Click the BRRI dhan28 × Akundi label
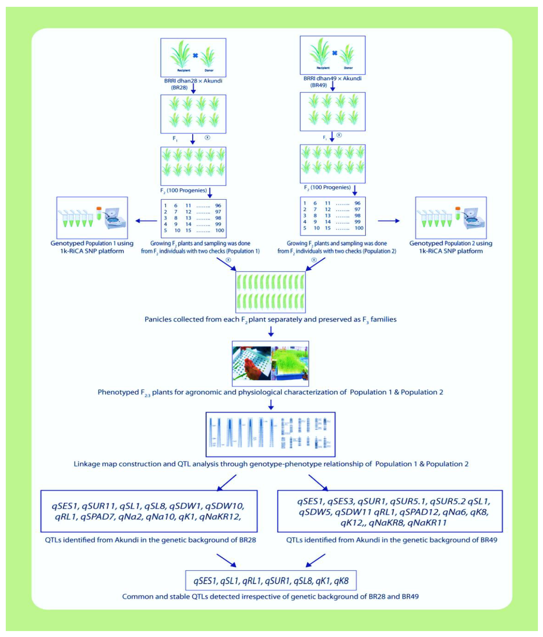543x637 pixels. [193, 81]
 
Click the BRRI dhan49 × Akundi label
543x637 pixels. [332, 78]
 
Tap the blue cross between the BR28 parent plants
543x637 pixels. [195, 56]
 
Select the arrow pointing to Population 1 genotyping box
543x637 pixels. [146, 220]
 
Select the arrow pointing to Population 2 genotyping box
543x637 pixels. [388, 220]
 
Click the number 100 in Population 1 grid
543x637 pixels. [219, 230]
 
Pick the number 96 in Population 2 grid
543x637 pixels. [357, 203]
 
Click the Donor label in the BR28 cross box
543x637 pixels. [209, 70]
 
